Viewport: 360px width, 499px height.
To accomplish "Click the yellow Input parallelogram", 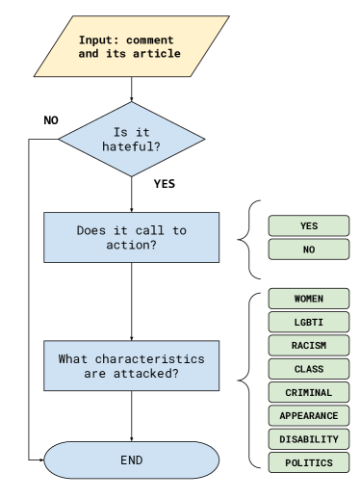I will click(x=131, y=46).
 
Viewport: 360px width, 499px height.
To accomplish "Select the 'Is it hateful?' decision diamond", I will click(x=131, y=139).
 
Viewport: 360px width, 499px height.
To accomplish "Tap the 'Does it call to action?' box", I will click(x=131, y=237).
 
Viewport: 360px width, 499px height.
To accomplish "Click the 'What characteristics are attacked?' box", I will click(x=131, y=365).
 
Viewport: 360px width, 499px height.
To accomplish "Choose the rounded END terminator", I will click(x=131, y=460).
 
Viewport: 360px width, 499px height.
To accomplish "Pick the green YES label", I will click(x=308, y=225).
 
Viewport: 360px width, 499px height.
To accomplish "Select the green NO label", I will click(x=308, y=249).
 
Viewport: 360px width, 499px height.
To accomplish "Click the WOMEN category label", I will click(x=308, y=299).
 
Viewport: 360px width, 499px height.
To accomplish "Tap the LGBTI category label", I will click(x=308, y=322).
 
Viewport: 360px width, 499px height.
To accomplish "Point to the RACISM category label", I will click(x=308, y=346).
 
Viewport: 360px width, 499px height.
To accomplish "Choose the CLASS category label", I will click(x=308, y=369).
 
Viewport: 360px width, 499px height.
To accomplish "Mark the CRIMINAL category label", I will click(x=308, y=392).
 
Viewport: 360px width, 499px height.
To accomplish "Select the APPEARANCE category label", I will click(x=308, y=415).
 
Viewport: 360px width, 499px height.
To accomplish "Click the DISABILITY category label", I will click(x=308, y=439).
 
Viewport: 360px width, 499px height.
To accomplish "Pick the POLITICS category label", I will click(x=308, y=462).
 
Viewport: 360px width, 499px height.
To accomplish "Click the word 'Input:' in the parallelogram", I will click(x=100, y=40).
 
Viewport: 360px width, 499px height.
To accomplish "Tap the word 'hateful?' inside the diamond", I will click(x=131, y=146).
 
